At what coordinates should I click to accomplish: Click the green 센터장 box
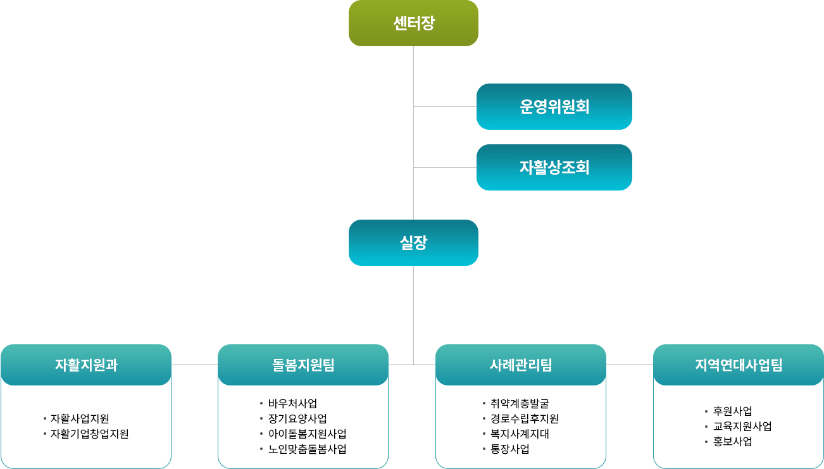pos(413,23)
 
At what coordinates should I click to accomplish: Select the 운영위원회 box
pos(554,107)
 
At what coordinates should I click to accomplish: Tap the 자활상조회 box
pos(554,167)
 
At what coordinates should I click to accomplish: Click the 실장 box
pos(413,243)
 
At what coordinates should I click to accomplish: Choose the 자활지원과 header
pos(86,365)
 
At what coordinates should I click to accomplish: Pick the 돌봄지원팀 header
pos(303,365)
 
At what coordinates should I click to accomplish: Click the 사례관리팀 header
pos(520,365)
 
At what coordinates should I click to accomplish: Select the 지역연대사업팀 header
pos(739,365)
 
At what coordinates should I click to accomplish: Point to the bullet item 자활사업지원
pos(80,418)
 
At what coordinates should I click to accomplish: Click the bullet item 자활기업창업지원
pos(89,434)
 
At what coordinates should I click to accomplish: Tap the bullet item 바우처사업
pos(292,404)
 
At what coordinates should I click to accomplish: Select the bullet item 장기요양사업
pos(297,418)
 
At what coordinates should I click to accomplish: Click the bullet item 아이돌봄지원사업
pos(307,434)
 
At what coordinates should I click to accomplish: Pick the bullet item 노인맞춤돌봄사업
pos(307,449)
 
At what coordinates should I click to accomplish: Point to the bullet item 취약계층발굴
pos(520,404)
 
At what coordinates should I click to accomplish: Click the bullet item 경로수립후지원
pos(525,418)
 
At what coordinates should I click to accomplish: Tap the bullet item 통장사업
pos(510,449)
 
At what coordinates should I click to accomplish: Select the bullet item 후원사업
pos(732,411)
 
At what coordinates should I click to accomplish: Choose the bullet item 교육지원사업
pos(742,427)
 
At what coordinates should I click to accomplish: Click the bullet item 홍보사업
pos(732,441)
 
